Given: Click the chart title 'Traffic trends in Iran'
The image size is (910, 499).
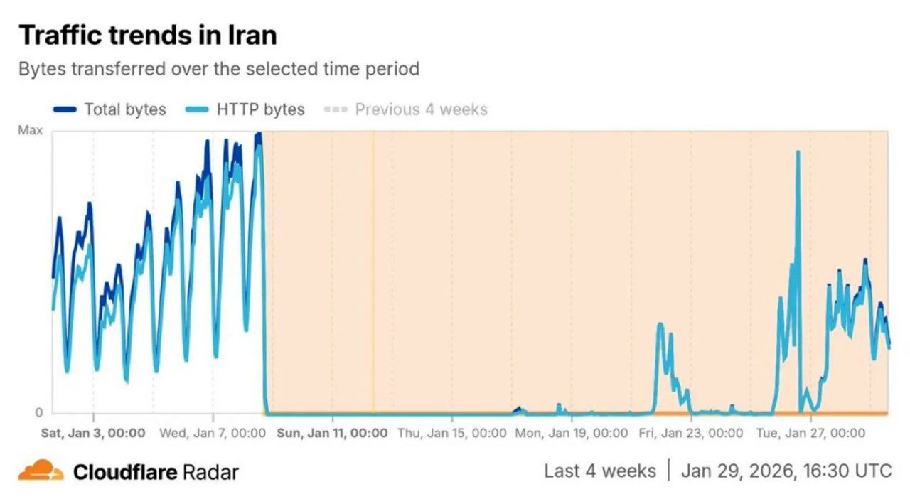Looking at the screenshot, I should (147, 35).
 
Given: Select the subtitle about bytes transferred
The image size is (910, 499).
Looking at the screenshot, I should (218, 69).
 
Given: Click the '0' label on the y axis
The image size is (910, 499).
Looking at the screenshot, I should (38, 412).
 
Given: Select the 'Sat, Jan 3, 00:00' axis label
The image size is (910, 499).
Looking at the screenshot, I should (92, 433).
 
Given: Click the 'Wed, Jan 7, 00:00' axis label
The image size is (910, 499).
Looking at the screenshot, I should (212, 433).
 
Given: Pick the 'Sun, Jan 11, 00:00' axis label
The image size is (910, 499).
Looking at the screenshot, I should (332, 433).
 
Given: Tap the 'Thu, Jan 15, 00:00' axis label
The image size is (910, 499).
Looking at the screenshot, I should (451, 433).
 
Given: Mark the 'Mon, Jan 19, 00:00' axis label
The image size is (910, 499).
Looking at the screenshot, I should (572, 433).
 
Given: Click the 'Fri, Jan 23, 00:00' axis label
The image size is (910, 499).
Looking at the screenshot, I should (690, 433).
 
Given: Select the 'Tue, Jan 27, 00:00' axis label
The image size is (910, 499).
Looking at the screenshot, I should (810, 433).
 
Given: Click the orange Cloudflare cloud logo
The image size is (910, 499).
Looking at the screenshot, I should (41, 470).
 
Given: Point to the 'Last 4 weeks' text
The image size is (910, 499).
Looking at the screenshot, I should (600, 471).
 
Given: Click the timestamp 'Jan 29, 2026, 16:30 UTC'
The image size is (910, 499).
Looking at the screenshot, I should (786, 471).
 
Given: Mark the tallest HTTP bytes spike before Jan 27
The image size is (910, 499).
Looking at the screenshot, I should (798, 153).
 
